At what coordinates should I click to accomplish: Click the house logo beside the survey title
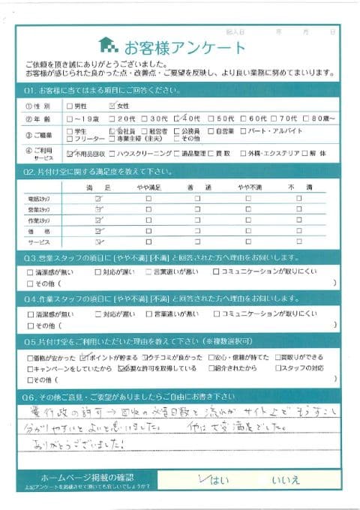[109, 46]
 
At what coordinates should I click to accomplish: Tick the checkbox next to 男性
[70, 106]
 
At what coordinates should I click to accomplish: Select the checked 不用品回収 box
[70, 153]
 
